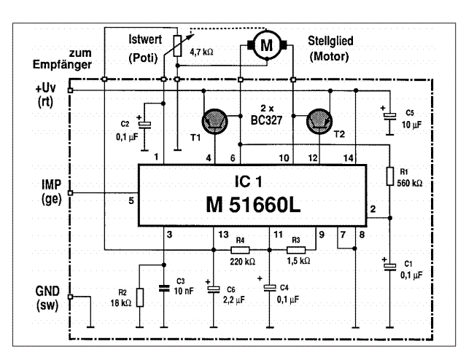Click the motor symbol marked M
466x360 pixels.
click(266, 45)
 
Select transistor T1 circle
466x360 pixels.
click(216, 122)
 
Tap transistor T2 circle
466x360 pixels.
click(322, 122)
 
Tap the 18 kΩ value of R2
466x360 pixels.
click(120, 302)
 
